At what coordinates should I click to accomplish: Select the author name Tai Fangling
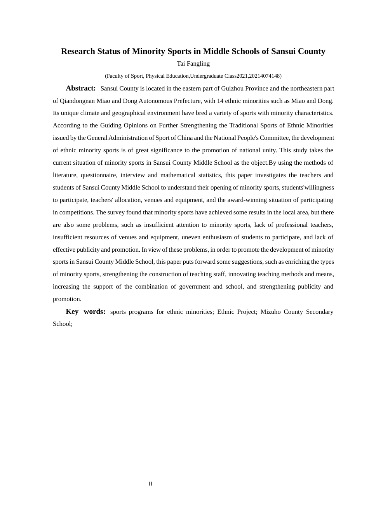click(x=193, y=64)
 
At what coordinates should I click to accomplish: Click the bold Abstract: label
click(x=81, y=88)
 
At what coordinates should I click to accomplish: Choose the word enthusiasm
click(x=219, y=237)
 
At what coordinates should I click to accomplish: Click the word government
click(x=194, y=287)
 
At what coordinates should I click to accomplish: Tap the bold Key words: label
click(x=85, y=311)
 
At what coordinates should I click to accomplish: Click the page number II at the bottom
click(x=150, y=484)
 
